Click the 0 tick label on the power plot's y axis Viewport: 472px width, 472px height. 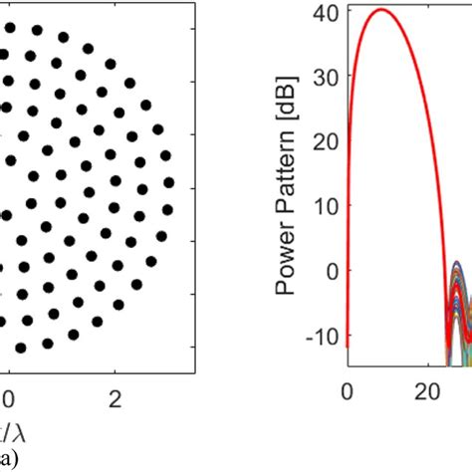click(333, 270)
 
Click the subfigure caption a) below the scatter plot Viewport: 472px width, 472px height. click(8, 460)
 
